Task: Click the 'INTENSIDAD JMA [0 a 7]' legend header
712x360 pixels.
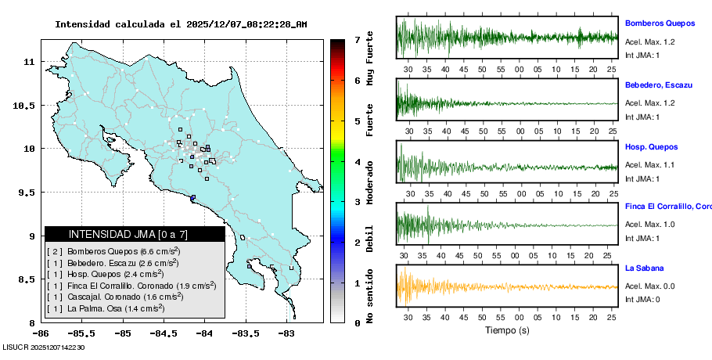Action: [128, 234]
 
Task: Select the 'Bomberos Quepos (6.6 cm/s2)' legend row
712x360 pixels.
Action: [113, 251]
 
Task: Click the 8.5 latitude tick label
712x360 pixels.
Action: [28, 279]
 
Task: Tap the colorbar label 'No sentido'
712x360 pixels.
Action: [370, 296]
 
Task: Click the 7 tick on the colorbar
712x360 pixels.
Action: [357, 39]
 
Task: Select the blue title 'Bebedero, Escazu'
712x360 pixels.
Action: [658, 85]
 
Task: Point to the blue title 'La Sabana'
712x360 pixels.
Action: [645, 268]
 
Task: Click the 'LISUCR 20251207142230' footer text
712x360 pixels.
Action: [44, 347]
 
